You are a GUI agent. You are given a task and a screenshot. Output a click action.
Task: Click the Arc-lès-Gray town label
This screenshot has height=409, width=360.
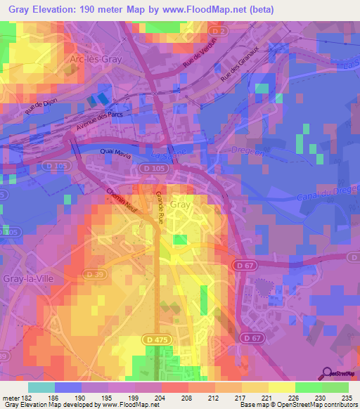[96, 60]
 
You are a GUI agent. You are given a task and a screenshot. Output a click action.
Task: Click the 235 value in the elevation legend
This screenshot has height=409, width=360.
[347, 398]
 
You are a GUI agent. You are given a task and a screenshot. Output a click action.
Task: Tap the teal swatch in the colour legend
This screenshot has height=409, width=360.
[41, 387]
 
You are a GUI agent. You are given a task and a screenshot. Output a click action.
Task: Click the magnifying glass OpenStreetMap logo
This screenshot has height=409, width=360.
[328, 373]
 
